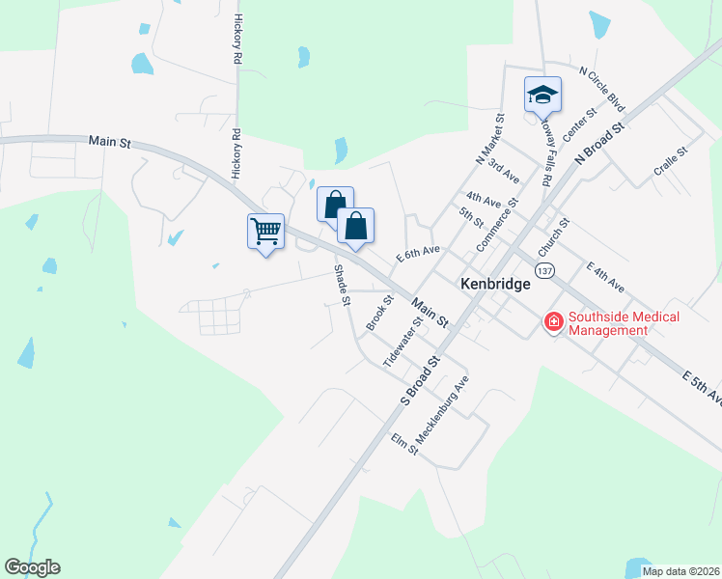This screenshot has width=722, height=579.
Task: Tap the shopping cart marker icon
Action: click(x=265, y=231)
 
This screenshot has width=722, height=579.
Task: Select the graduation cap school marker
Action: click(x=542, y=95)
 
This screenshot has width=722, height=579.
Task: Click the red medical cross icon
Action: click(x=554, y=322)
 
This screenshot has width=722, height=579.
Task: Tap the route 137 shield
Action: click(x=545, y=270)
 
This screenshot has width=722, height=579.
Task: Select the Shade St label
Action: click(x=341, y=285)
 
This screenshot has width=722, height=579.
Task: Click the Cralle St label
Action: click(x=670, y=160)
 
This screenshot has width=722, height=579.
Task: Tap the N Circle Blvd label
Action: click(x=602, y=89)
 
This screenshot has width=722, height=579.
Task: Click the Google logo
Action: click(x=32, y=567)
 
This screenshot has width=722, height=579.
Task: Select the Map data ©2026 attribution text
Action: click(x=680, y=571)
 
